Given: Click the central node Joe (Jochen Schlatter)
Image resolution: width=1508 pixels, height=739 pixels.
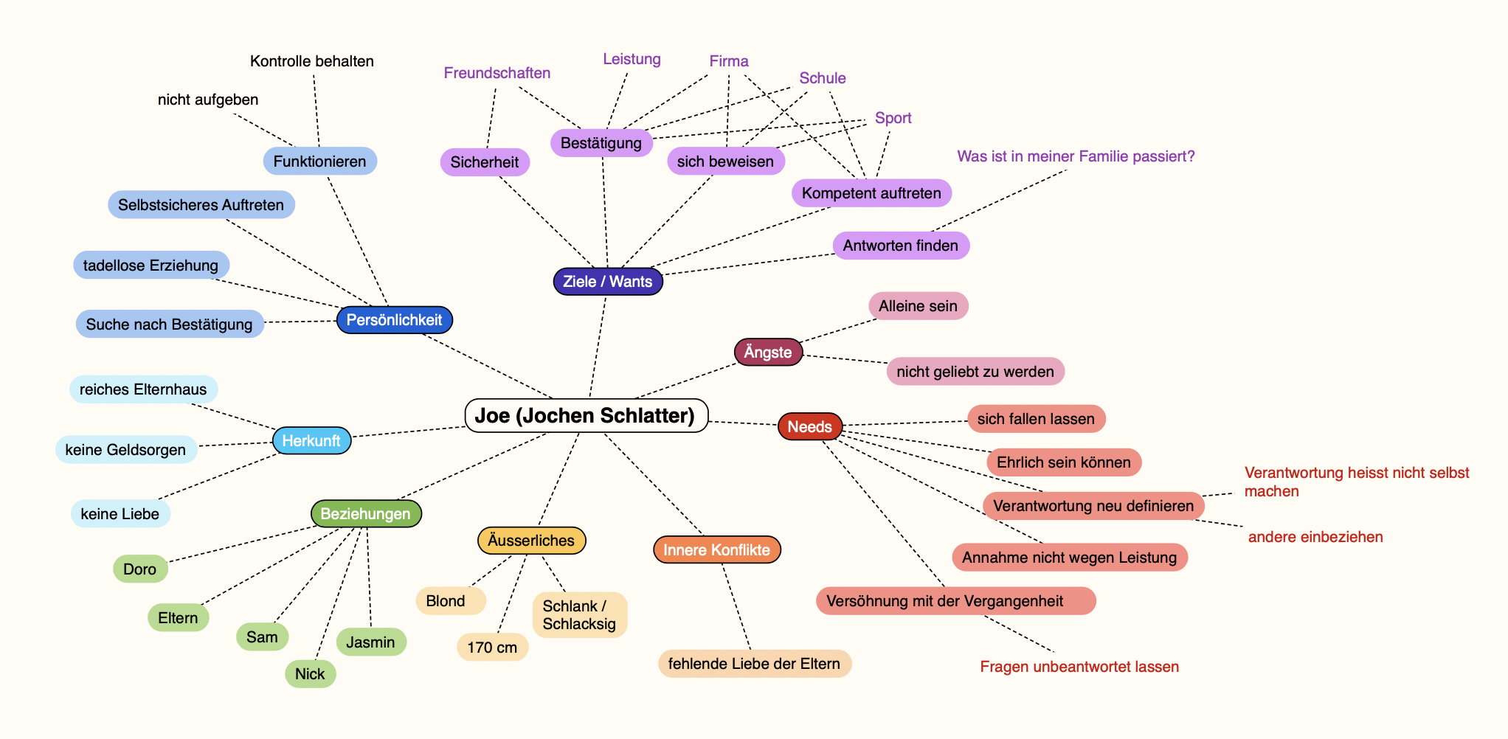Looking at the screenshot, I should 586,415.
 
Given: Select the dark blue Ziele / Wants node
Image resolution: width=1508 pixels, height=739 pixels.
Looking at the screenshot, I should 607,281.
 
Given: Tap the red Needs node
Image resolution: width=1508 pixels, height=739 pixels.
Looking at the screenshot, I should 809,426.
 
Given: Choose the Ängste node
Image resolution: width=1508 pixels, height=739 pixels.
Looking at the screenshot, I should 767,352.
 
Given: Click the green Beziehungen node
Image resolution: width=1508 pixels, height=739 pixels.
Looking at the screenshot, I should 365,513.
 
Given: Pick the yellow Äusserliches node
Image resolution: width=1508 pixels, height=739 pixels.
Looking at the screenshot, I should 530,540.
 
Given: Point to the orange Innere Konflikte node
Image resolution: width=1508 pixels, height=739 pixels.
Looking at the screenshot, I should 716,549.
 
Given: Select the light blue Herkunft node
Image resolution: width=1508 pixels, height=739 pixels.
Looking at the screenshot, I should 311,440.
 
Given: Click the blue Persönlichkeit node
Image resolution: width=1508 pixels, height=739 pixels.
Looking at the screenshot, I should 394,319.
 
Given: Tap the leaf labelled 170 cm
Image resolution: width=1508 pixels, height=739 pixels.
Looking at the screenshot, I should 492,647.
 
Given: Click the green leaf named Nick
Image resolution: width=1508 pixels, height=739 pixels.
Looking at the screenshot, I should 310,673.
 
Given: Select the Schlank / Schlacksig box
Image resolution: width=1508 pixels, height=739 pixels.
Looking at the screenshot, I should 579,614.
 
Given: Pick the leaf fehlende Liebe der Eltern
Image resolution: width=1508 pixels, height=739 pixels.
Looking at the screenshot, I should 754,663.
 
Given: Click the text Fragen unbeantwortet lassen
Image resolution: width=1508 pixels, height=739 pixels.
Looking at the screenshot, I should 1079,667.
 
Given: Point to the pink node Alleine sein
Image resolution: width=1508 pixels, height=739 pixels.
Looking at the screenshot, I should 918,305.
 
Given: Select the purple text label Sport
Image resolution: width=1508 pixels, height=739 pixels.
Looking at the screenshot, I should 893,118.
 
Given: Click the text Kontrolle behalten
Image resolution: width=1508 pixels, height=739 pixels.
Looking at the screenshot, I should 311,61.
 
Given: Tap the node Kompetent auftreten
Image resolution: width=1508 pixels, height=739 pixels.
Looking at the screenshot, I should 871,192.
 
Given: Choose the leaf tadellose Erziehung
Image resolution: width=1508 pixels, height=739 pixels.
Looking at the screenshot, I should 151,265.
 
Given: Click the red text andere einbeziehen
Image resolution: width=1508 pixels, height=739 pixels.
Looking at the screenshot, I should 1315,537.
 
